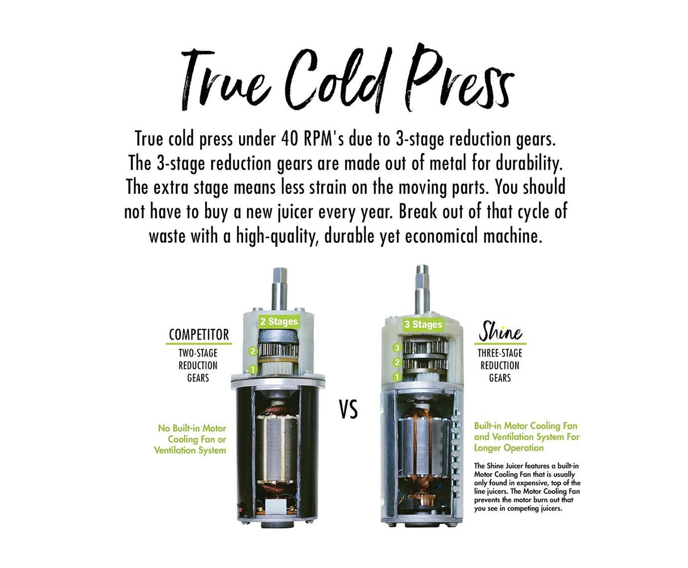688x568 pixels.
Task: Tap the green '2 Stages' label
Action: (x=278, y=321)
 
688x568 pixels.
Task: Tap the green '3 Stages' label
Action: (x=423, y=325)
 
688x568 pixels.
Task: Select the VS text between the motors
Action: (x=349, y=409)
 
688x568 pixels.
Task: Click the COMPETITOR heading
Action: (x=198, y=334)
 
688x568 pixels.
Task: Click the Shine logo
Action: (x=500, y=332)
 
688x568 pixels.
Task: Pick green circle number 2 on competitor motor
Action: (x=253, y=351)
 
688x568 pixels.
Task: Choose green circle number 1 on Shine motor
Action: (x=397, y=376)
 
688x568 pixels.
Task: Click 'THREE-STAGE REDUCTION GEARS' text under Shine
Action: (x=500, y=366)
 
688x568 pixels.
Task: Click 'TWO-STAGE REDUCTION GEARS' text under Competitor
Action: (x=198, y=366)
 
